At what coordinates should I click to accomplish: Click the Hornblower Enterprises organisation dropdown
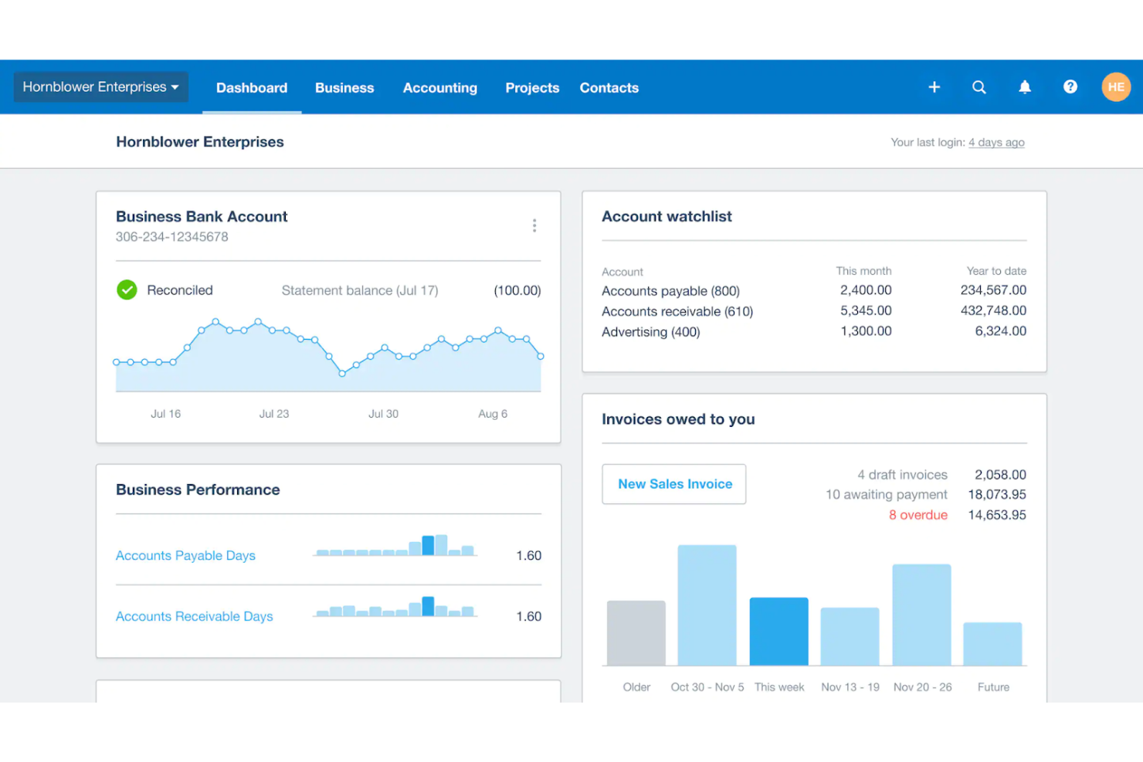point(100,87)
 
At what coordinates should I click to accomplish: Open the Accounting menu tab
point(439,88)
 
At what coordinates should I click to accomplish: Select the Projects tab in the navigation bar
point(532,88)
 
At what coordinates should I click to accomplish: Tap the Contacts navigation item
point(609,88)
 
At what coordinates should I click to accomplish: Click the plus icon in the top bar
point(934,87)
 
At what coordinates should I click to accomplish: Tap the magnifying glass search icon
point(979,87)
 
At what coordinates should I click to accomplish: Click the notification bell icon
point(1024,87)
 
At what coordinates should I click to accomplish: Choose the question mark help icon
point(1070,87)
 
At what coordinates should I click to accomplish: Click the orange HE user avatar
point(1115,87)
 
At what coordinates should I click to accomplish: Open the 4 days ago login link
point(996,143)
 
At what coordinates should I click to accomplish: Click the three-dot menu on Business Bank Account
point(534,225)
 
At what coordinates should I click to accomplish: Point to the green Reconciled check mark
point(127,290)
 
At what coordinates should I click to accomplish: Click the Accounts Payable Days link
point(185,556)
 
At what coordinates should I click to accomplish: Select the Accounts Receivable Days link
point(194,617)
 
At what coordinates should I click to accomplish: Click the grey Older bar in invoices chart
point(636,633)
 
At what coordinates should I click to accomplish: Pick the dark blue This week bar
point(778,632)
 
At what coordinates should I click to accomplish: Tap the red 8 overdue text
point(917,515)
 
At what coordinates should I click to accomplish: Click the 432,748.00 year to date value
point(993,311)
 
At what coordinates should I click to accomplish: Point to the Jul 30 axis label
point(383,415)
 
